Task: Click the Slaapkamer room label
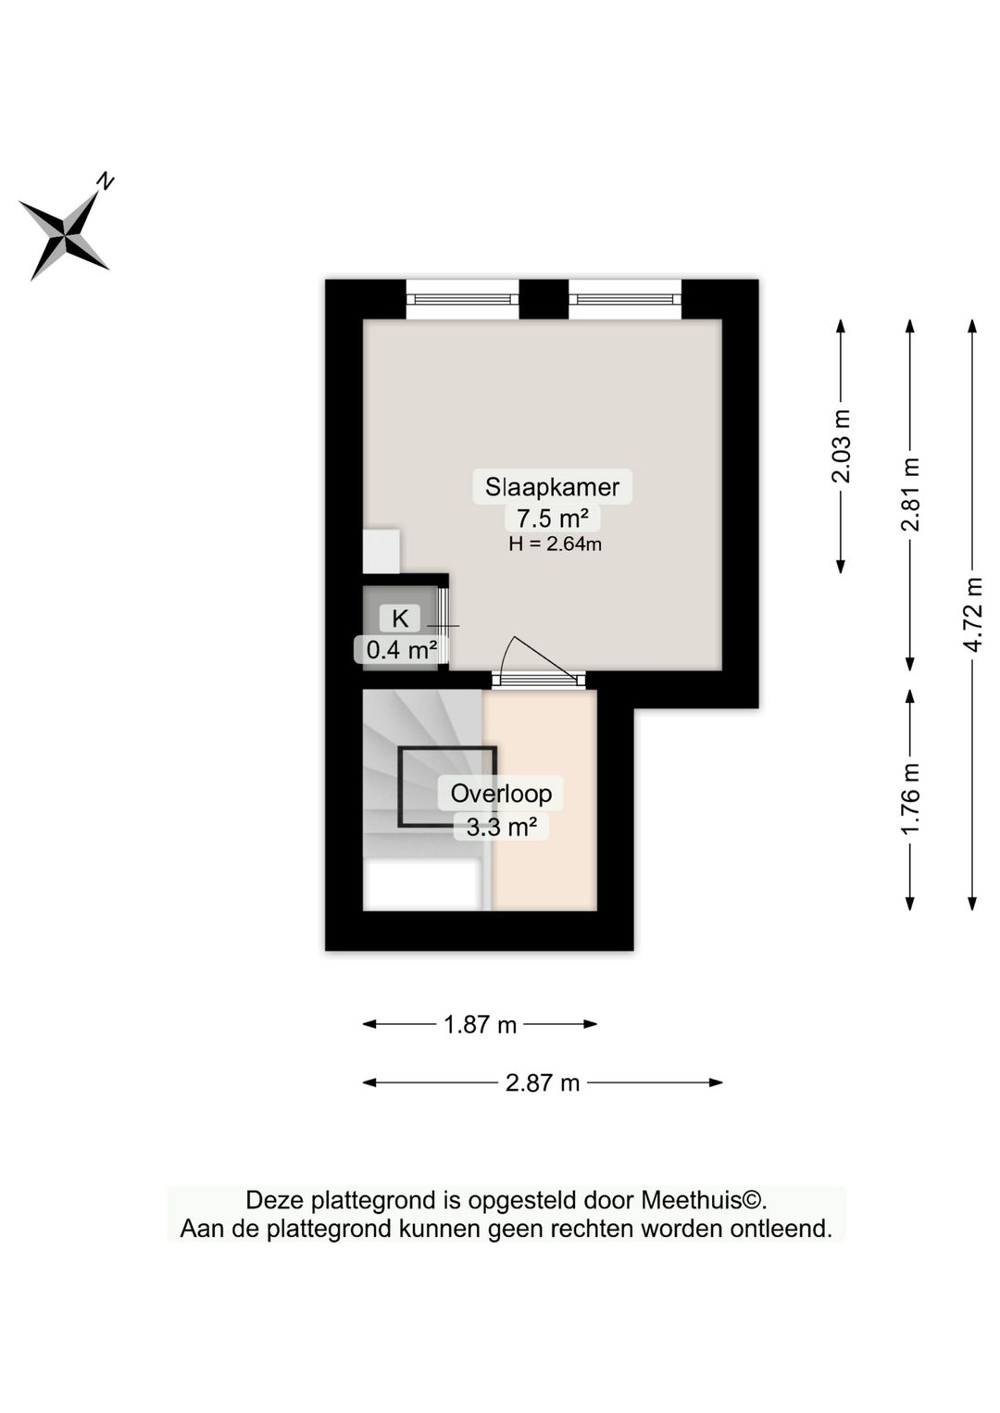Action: pos(552,486)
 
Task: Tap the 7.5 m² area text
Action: pos(552,518)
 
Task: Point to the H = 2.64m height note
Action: pos(555,544)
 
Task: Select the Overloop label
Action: pos(501,794)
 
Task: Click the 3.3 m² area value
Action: pos(501,826)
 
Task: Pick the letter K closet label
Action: pos(400,619)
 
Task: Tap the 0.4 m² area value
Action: pos(401,650)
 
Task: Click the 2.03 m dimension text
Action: pos(841,446)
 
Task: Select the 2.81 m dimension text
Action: pos(910,494)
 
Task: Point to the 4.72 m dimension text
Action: pos(972,615)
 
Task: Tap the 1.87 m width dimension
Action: pos(480,1025)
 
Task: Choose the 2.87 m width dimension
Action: pos(543,1082)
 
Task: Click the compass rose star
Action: pos(64,235)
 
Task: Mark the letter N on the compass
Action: pos(106,181)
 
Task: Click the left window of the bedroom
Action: pos(462,299)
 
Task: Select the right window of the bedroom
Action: pos(624,299)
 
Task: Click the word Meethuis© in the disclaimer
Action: pos(704,1201)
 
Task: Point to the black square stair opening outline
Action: pos(447,786)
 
